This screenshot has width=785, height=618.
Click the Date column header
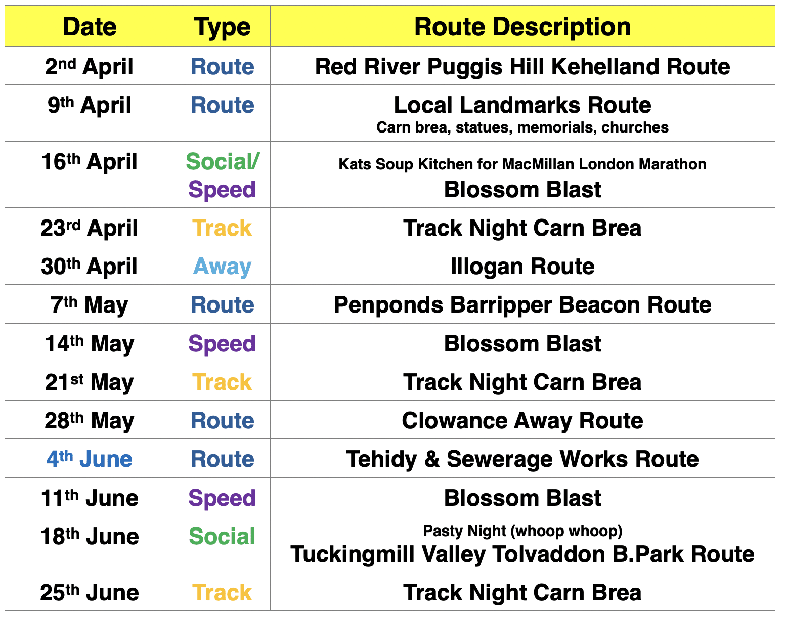coord(90,27)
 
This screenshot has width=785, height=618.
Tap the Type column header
coord(222,28)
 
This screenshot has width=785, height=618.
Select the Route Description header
coord(522,27)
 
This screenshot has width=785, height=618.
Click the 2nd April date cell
coord(90,66)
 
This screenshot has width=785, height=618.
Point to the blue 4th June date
coord(90,459)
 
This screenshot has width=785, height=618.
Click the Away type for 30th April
coord(222,267)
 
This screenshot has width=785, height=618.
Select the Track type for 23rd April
coord(222,228)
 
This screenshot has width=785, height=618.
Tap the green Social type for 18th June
coord(222,536)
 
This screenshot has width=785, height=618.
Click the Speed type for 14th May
coord(222,344)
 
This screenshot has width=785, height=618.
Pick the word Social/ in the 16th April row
coord(223,162)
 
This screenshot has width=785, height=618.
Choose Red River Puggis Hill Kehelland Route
coord(522,67)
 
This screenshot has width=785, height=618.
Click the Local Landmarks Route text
coord(522,105)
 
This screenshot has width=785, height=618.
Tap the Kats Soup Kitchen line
coord(522,164)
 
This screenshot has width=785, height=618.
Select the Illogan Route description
coord(522,267)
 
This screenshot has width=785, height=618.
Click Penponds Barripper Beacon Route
coord(522,305)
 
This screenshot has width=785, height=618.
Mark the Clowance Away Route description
coord(522,421)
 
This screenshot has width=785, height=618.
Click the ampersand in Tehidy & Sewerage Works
coord(432,459)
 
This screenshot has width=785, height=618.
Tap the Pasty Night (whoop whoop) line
coord(522,531)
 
